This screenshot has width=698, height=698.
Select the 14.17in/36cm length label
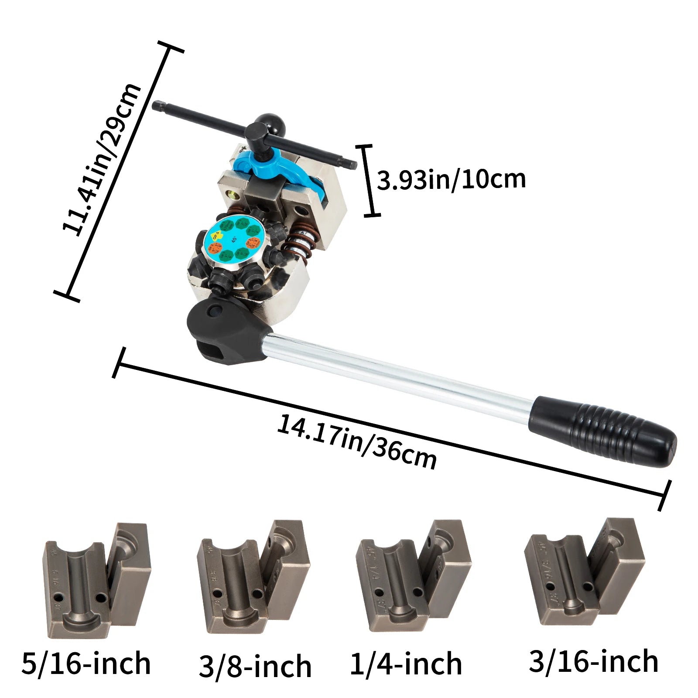(x=357, y=442)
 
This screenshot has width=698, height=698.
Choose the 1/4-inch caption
(x=406, y=664)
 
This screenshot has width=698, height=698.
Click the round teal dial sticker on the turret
(x=233, y=240)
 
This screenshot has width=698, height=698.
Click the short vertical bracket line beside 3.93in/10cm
(x=370, y=180)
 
